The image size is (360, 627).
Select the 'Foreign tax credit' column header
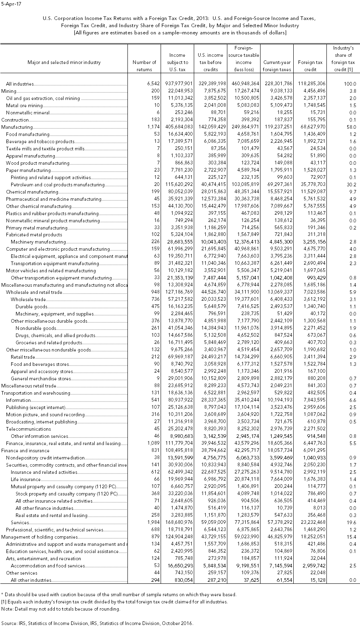310,66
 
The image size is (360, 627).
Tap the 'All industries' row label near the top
20,84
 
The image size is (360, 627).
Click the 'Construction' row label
15,120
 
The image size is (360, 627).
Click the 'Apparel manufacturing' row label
30,156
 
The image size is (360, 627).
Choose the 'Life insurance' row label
26,479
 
